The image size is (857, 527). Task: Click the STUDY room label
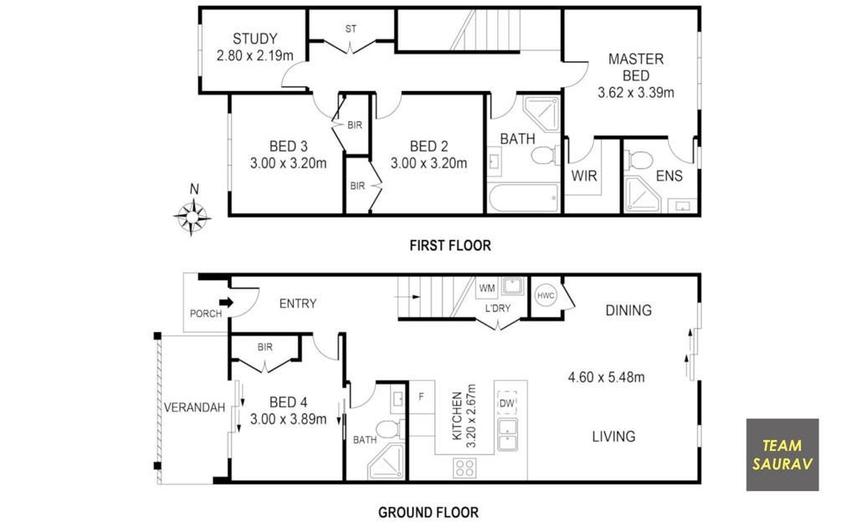(254, 38)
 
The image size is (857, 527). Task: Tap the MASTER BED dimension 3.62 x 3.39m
(636, 92)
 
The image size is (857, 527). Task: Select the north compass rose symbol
(192, 217)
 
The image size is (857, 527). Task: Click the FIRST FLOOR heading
(450, 246)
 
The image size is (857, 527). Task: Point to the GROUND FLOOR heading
(428, 512)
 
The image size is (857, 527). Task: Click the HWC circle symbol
(546, 296)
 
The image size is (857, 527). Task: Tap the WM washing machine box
(486, 288)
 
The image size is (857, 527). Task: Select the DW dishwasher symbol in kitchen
(506, 403)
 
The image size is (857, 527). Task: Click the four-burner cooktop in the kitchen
(464, 468)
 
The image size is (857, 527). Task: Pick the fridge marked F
(422, 397)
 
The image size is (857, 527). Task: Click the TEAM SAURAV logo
(783, 455)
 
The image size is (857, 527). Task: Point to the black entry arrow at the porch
(226, 302)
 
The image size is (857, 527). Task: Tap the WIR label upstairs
(584, 176)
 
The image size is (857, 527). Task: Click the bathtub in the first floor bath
(524, 197)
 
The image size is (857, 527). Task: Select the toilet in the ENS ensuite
(639, 161)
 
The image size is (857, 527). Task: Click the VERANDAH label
(194, 407)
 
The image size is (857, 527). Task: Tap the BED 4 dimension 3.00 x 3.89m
(288, 419)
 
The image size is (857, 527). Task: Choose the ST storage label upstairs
(351, 29)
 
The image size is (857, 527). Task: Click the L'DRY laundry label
(497, 308)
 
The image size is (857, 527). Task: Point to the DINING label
(629, 310)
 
